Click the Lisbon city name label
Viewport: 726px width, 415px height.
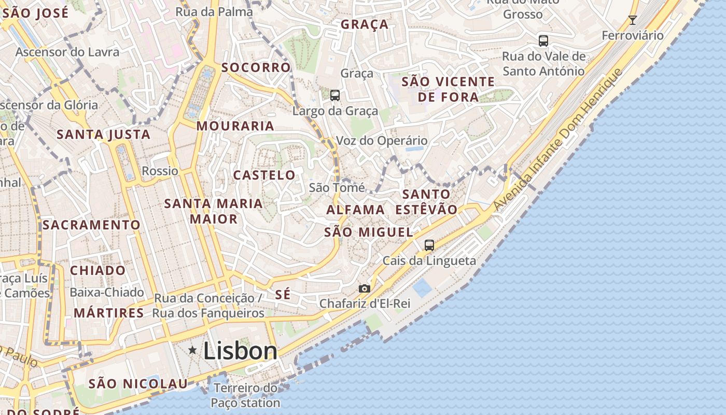click(240, 351)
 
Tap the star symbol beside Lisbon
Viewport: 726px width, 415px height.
click(192, 350)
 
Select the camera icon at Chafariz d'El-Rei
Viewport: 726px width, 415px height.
click(365, 288)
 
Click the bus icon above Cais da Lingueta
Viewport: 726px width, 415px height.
click(429, 245)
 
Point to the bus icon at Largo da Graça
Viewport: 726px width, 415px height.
click(335, 95)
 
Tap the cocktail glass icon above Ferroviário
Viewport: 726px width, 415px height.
click(632, 20)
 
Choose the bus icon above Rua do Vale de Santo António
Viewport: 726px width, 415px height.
click(543, 40)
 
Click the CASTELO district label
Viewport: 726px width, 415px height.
click(264, 175)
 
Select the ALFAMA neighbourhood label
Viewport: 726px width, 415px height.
click(356, 210)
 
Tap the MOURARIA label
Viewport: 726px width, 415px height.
click(235, 126)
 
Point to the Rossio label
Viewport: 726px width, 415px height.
click(160, 171)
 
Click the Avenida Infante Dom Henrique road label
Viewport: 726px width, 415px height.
click(557, 139)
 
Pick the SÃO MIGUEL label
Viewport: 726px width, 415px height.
click(369, 232)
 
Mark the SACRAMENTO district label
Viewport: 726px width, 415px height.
click(91, 225)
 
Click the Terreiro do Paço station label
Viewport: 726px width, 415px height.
click(245, 395)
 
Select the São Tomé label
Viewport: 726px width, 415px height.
click(337, 188)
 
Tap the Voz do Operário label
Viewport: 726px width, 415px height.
click(382, 141)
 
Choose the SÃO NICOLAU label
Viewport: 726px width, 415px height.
click(138, 384)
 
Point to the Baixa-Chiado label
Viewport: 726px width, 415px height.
click(107, 293)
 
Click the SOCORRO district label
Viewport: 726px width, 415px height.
click(256, 67)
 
